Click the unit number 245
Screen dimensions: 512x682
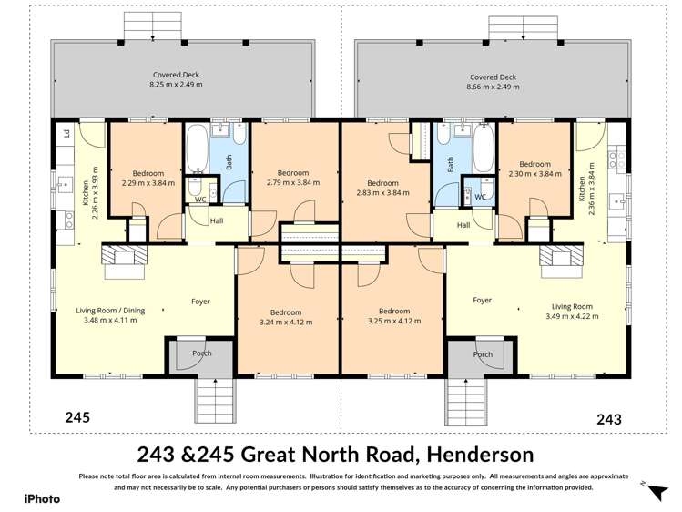77,418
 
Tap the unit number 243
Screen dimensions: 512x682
608,419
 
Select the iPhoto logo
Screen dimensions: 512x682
42,498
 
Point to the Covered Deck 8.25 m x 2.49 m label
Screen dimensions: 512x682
175,79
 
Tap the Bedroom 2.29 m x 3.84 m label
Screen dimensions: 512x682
148,178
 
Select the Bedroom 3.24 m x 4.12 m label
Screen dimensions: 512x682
285,316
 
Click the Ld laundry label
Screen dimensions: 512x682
66,134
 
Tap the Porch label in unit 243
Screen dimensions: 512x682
483,354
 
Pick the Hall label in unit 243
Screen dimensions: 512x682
463,225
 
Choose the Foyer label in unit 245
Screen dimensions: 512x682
200,302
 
